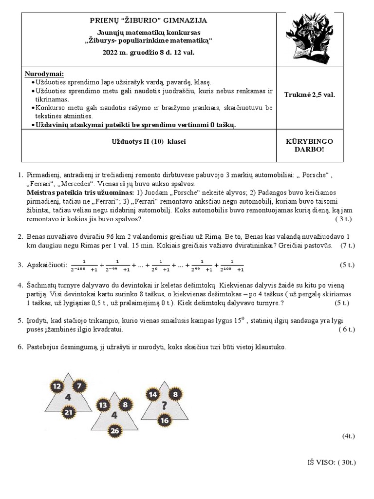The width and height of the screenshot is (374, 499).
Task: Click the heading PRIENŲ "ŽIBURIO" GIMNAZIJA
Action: tap(149, 20)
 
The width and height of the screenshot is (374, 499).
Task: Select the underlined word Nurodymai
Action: tap(44, 74)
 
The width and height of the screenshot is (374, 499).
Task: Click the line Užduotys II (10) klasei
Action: tap(149, 141)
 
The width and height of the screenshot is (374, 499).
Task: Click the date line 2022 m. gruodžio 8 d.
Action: tap(149, 52)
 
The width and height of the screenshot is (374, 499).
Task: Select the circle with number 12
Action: tap(57, 387)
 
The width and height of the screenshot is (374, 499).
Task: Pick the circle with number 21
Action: tap(69, 413)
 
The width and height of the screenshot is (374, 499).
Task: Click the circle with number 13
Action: tap(103, 405)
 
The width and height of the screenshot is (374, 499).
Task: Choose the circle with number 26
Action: tap(115, 431)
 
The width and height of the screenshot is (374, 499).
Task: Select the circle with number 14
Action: tap(153, 395)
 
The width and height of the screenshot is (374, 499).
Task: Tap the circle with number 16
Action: tap(164, 420)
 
